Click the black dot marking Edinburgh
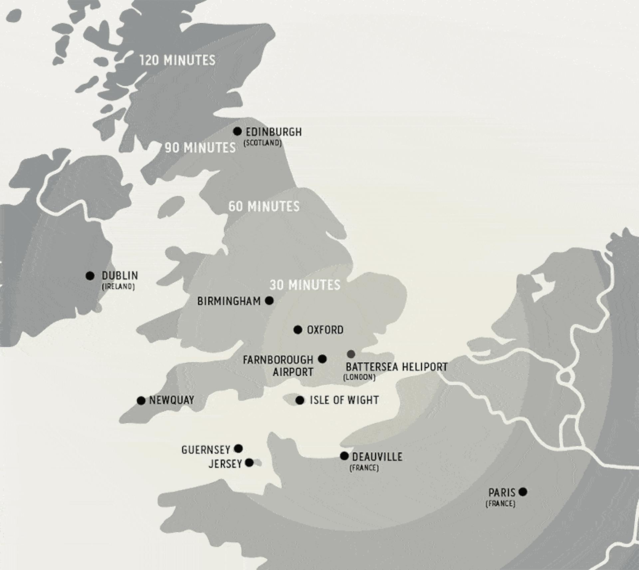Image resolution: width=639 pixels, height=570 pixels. tap(237, 131)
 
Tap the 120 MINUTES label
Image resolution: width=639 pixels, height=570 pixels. tap(177, 60)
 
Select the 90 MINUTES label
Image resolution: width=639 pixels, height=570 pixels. tap(200, 148)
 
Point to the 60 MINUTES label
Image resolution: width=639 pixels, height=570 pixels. tap(264, 206)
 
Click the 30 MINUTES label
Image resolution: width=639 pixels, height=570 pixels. tap(305, 285)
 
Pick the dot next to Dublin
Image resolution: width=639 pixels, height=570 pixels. tap(90, 276)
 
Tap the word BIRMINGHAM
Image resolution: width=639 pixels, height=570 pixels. tap(229, 301)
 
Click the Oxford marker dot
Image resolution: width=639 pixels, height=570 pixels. tap(298, 330)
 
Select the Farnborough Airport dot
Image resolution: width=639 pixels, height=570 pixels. tap(322, 359)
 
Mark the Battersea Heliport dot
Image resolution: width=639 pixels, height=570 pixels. tap(351, 354)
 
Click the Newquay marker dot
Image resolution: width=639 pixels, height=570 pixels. tap(141, 400)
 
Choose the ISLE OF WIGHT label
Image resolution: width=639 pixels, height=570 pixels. tap(344, 400)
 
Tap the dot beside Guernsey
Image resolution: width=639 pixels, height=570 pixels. tap(238, 449)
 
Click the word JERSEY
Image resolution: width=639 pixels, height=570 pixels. tap(225, 464)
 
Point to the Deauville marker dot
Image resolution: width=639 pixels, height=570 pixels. tap(344, 456)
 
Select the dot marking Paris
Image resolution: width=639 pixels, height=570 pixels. tap(523, 491)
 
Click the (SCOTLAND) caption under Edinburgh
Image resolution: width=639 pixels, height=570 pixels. tap(263, 143)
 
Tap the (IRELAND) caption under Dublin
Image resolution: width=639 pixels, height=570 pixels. tap(118, 286)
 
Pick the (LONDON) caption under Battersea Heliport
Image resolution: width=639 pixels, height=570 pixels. tap(359, 377)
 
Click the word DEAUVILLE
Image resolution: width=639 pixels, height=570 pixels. tap(377, 457)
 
